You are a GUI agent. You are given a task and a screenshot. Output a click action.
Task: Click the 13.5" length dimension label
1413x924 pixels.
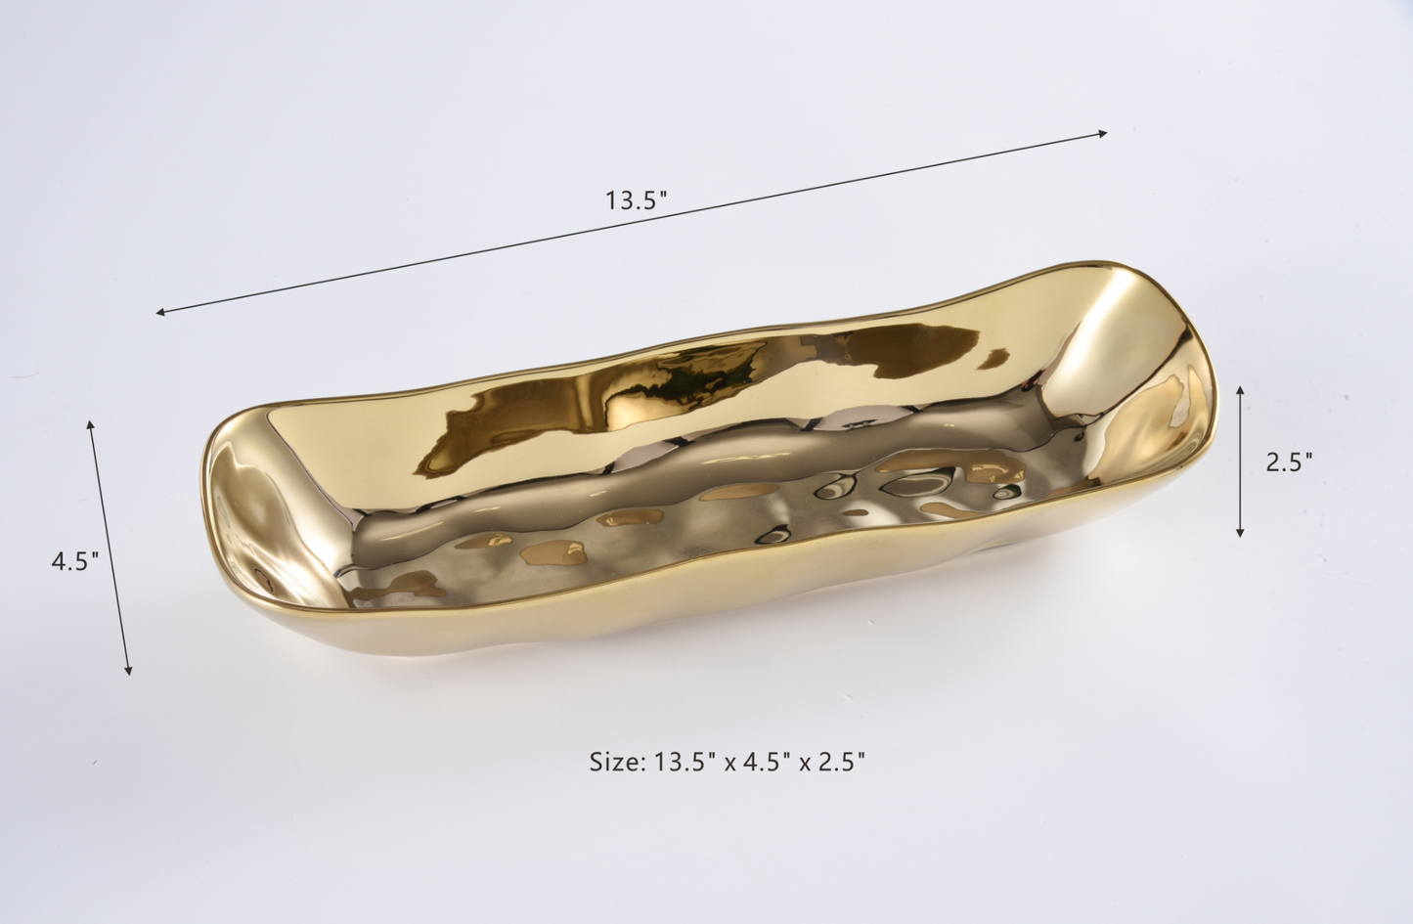point(636,200)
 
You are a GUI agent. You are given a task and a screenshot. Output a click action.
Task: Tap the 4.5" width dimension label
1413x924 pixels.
point(75,560)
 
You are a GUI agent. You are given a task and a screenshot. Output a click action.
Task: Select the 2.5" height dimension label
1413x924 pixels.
point(1289,462)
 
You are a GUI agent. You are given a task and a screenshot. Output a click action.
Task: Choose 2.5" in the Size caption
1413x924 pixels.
point(840,762)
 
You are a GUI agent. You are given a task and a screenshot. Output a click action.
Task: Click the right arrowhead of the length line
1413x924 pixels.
point(1103,134)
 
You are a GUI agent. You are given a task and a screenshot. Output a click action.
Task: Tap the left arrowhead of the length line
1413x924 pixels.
point(160,312)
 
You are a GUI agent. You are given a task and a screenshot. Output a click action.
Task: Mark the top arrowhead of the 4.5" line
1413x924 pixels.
point(91,424)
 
